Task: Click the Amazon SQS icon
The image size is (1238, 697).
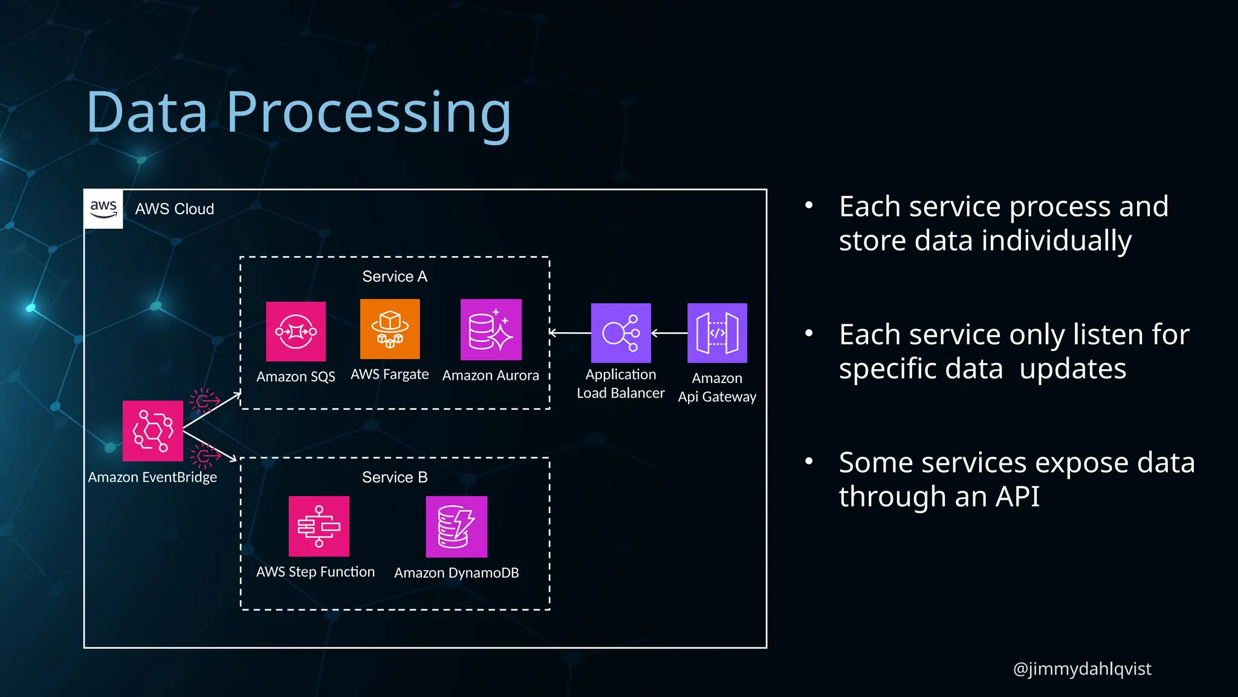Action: click(x=296, y=332)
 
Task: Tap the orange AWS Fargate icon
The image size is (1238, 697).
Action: click(x=390, y=329)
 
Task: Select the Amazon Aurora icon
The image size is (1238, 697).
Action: click(x=491, y=330)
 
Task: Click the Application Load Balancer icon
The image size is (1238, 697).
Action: click(x=621, y=333)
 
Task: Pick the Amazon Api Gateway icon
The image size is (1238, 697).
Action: click(x=717, y=333)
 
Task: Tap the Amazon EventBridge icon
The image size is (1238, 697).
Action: click(x=153, y=431)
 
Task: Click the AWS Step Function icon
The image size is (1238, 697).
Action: click(x=319, y=526)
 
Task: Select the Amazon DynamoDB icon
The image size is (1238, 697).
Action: click(x=456, y=526)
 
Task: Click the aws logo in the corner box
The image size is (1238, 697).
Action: click(x=103, y=209)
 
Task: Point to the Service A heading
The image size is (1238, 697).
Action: click(x=395, y=277)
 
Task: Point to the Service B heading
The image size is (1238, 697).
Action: click(x=395, y=477)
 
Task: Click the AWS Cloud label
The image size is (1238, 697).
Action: click(x=175, y=209)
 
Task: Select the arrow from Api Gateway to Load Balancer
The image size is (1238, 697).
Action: click(x=669, y=333)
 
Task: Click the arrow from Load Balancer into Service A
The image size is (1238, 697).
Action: click(x=569, y=333)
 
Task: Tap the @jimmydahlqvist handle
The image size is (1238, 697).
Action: click(x=1082, y=669)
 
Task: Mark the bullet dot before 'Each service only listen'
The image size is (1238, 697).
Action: click(x=809, y=333)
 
